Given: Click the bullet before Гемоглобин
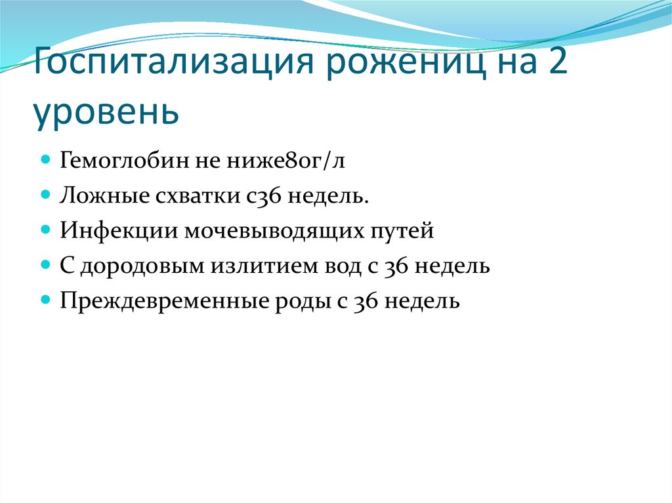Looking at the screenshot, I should click(46, 160).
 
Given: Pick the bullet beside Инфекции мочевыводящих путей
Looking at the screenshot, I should click(46, 231).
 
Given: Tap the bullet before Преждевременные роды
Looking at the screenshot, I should click(46, 302).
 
